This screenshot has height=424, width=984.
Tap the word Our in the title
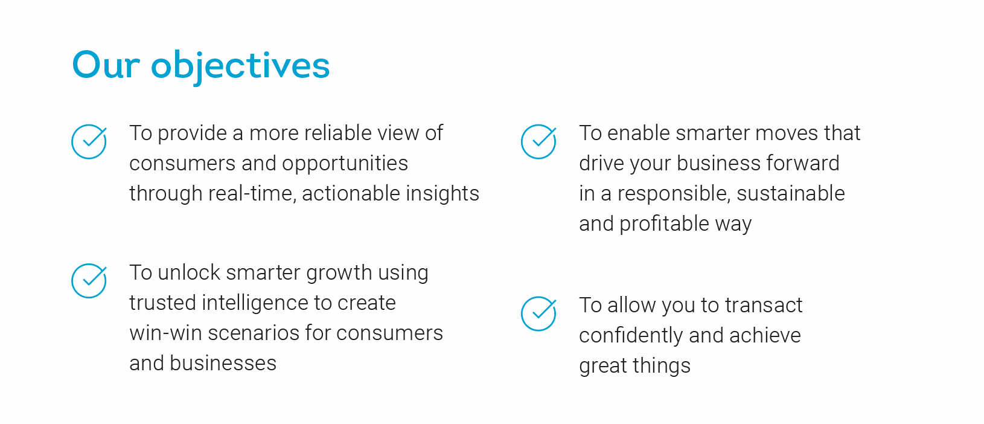106,65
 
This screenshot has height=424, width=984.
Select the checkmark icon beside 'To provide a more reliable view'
89,141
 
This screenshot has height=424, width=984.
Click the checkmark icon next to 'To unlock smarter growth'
89,281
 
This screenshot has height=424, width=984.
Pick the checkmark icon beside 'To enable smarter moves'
538,141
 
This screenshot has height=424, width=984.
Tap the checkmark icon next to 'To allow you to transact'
538,313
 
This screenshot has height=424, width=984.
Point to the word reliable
337,133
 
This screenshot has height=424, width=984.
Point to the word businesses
223,364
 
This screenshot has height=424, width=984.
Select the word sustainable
791,193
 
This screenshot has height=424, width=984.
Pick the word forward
803,163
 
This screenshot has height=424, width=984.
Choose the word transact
764,306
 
